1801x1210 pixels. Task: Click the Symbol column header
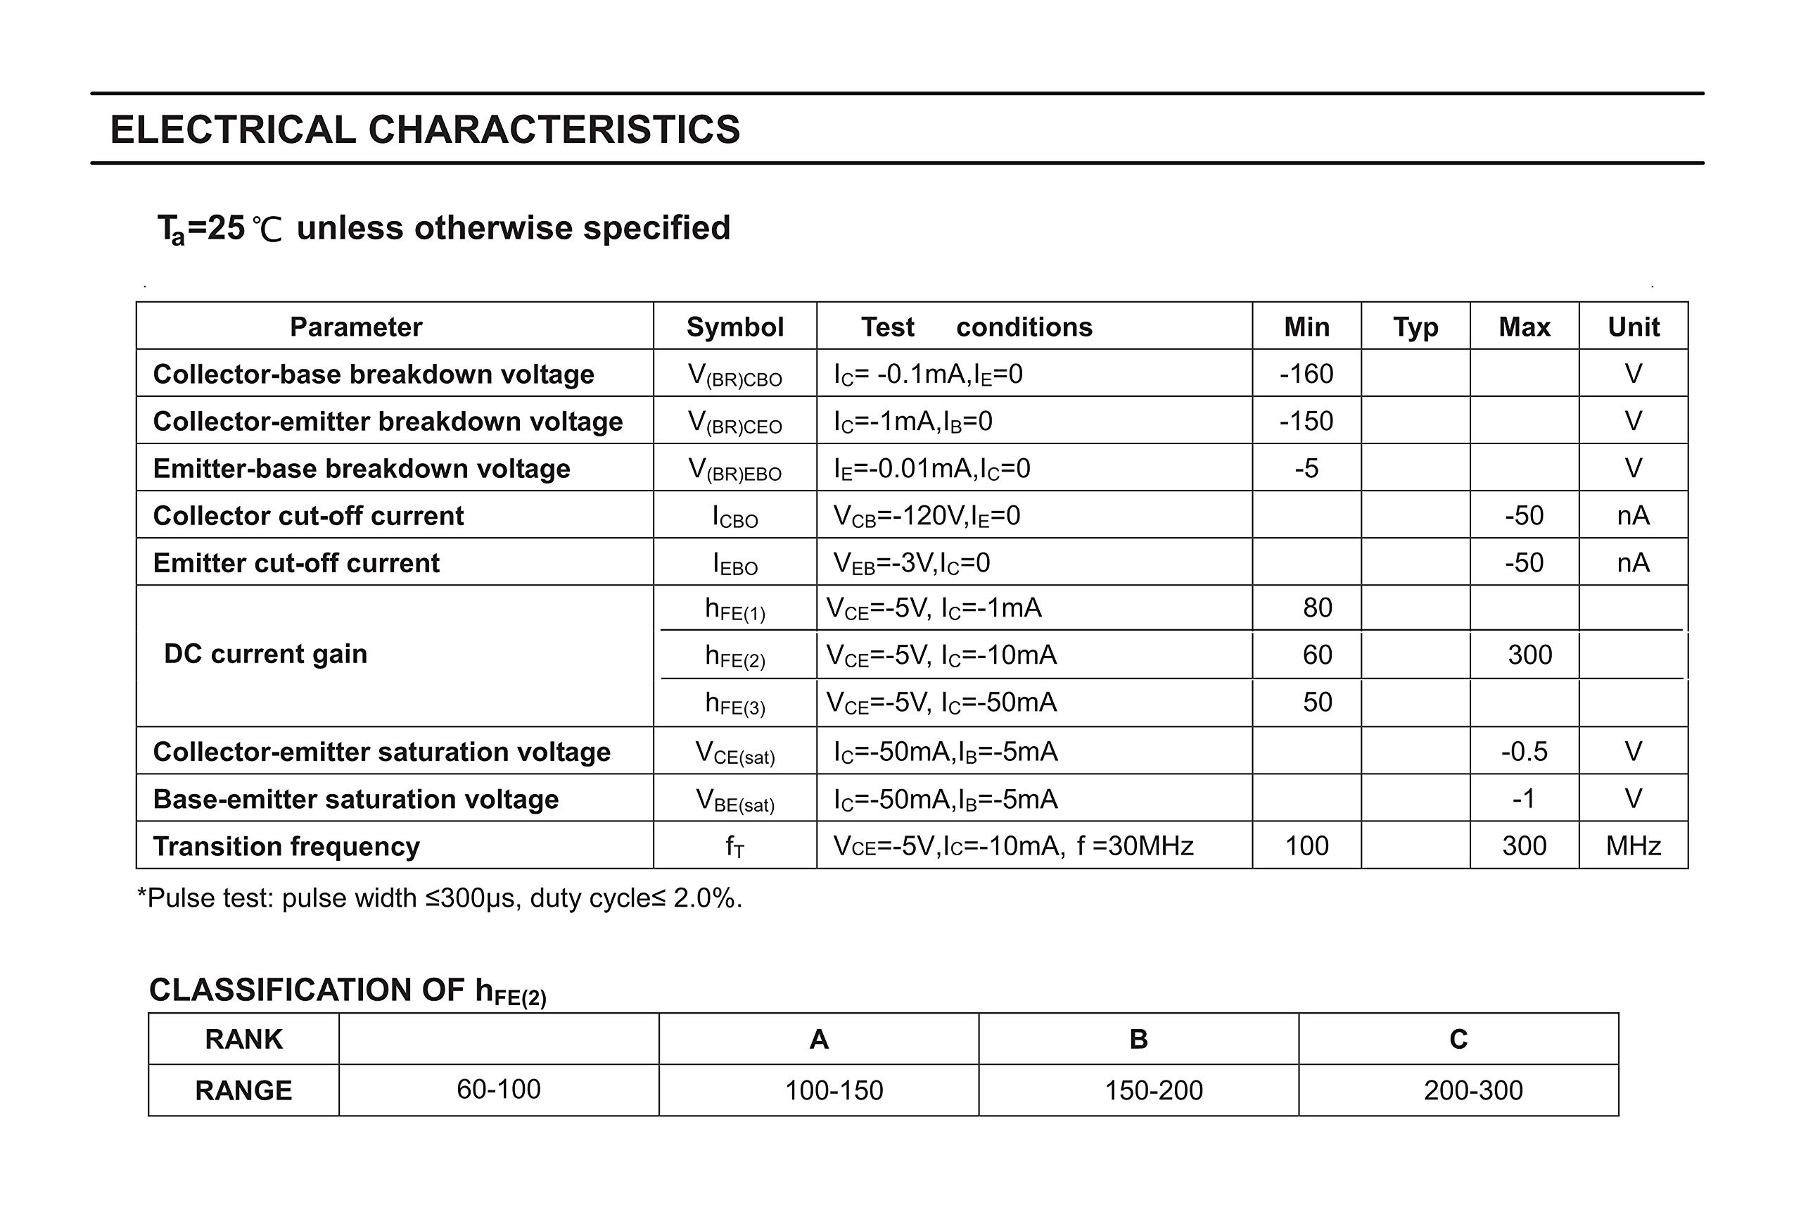click(734, 327)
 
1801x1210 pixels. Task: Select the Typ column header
click(1415, 327)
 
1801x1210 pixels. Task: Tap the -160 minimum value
click(1306, 374)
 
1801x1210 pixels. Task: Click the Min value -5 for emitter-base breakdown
click(1306, 468)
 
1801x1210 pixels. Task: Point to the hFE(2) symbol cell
click(734, 656)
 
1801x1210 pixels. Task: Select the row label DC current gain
click(265, 655)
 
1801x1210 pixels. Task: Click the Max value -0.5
click(1523, 752)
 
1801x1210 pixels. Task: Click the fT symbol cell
click(734, 847)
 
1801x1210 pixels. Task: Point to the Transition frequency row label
click(286, 847)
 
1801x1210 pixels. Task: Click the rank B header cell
click(1138, 1040)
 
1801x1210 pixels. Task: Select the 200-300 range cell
click(1472, 1090)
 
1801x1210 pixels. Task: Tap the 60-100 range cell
click(498, 1090)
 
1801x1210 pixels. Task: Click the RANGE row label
click(243, 1090)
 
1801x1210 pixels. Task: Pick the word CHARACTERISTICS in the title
click(554, 130)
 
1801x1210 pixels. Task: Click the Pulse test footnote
click(439, 898)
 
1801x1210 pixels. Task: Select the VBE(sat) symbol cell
click(734, 800)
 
